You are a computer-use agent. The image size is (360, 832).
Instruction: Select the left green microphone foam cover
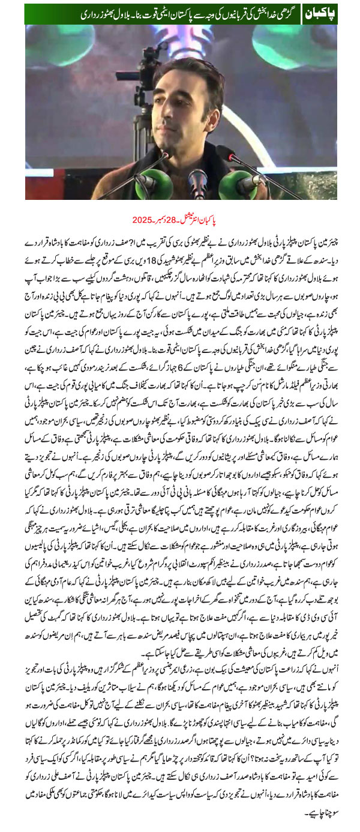[148, 179]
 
